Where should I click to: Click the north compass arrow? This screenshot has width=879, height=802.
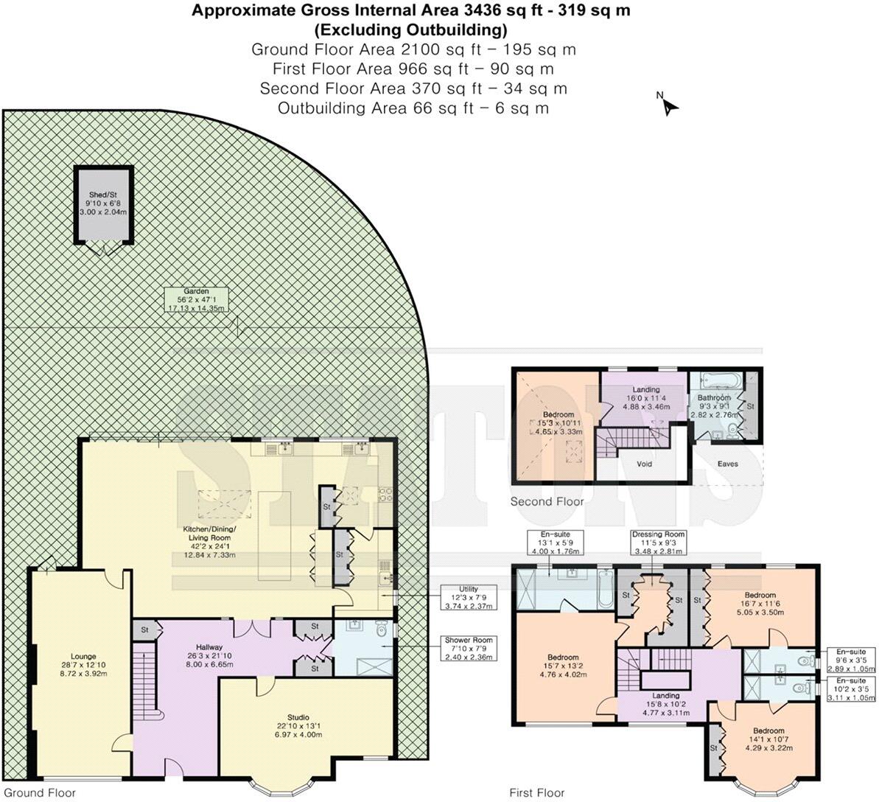669,105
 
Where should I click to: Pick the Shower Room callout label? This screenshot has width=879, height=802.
468,649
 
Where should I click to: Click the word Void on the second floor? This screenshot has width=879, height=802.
644,464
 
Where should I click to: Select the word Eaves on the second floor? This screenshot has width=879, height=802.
727,464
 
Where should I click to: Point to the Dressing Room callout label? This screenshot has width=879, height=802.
658,543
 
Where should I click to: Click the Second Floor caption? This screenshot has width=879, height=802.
547,502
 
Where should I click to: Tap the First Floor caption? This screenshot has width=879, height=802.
537,793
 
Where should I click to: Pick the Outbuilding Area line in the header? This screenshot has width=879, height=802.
413,108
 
